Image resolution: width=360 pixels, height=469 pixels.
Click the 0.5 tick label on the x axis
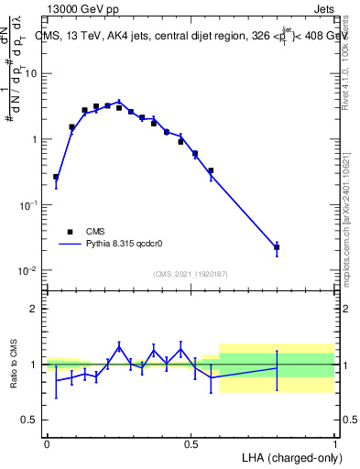point(191,443)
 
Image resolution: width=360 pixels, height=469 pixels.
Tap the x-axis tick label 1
point(334,443)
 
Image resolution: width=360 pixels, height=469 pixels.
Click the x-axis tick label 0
point(47,443)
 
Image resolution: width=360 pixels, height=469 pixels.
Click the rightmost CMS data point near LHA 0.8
point(277,247)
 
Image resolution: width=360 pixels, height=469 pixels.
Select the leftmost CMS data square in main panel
point(56,177)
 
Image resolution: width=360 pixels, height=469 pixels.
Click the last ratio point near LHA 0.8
point(277,368)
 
